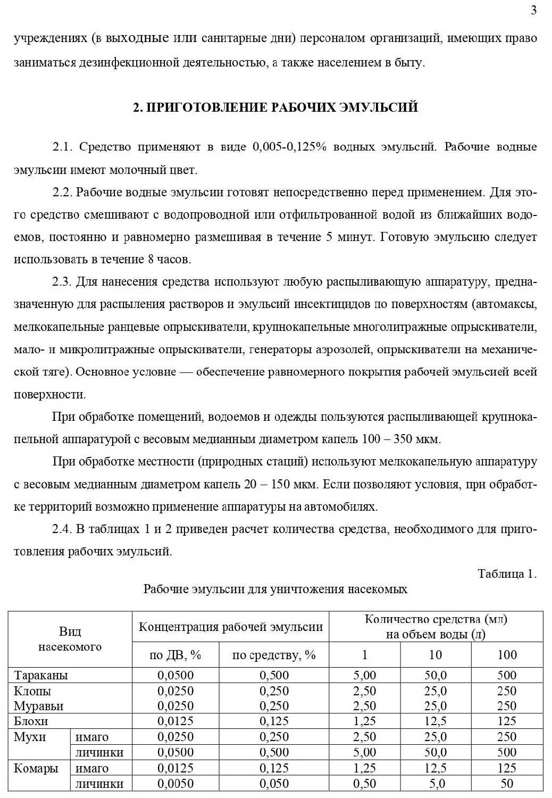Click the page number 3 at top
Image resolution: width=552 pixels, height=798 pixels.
533,11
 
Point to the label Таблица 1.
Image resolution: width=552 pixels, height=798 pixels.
507,573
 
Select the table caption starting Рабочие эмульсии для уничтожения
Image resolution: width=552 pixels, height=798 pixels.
275,589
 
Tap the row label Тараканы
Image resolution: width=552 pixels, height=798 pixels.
41,675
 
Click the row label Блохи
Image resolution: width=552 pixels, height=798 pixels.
31,721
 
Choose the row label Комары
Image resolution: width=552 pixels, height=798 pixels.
36,768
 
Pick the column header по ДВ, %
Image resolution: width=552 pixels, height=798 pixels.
175,655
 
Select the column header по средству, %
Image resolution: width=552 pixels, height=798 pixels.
274,655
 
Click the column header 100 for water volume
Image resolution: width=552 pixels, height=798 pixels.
507,655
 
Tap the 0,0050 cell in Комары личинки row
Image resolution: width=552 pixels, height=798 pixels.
175,784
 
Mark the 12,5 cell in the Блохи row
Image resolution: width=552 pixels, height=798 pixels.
435,721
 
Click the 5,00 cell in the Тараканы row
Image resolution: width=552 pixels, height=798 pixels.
364,675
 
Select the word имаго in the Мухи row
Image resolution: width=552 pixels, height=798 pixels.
92,737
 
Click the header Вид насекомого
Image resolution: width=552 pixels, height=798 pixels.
70,639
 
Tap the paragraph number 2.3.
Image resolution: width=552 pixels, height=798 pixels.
62,281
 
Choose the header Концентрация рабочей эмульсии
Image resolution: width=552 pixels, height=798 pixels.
230,627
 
